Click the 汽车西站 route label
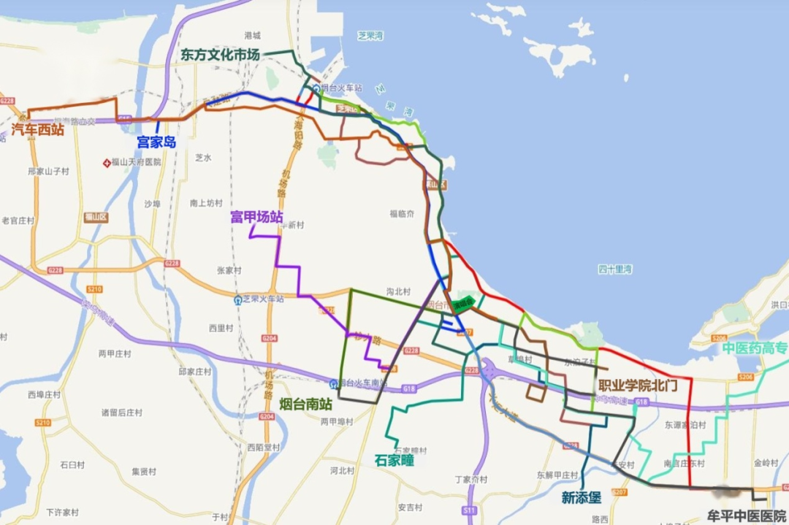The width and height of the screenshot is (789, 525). [38, 130]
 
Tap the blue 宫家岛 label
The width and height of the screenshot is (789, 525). [156, 142]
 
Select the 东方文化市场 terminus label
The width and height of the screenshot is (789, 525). [220, 55]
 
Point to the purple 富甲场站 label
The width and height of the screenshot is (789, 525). [256, 217]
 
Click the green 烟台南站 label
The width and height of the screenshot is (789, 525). [305, 404]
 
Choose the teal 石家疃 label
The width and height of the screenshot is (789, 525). [394, 460]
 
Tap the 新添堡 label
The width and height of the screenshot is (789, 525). [582, 497]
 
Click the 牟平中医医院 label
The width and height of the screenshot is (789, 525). [747, 515]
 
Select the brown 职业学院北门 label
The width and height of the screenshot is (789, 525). [638, 385]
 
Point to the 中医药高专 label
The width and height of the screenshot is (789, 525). [755, 348]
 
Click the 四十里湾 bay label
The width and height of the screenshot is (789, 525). [615, 269]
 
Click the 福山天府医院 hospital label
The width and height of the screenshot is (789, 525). [136, 161]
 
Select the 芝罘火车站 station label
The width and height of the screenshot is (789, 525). [263, 299]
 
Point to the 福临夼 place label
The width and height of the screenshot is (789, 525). [402, 214]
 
